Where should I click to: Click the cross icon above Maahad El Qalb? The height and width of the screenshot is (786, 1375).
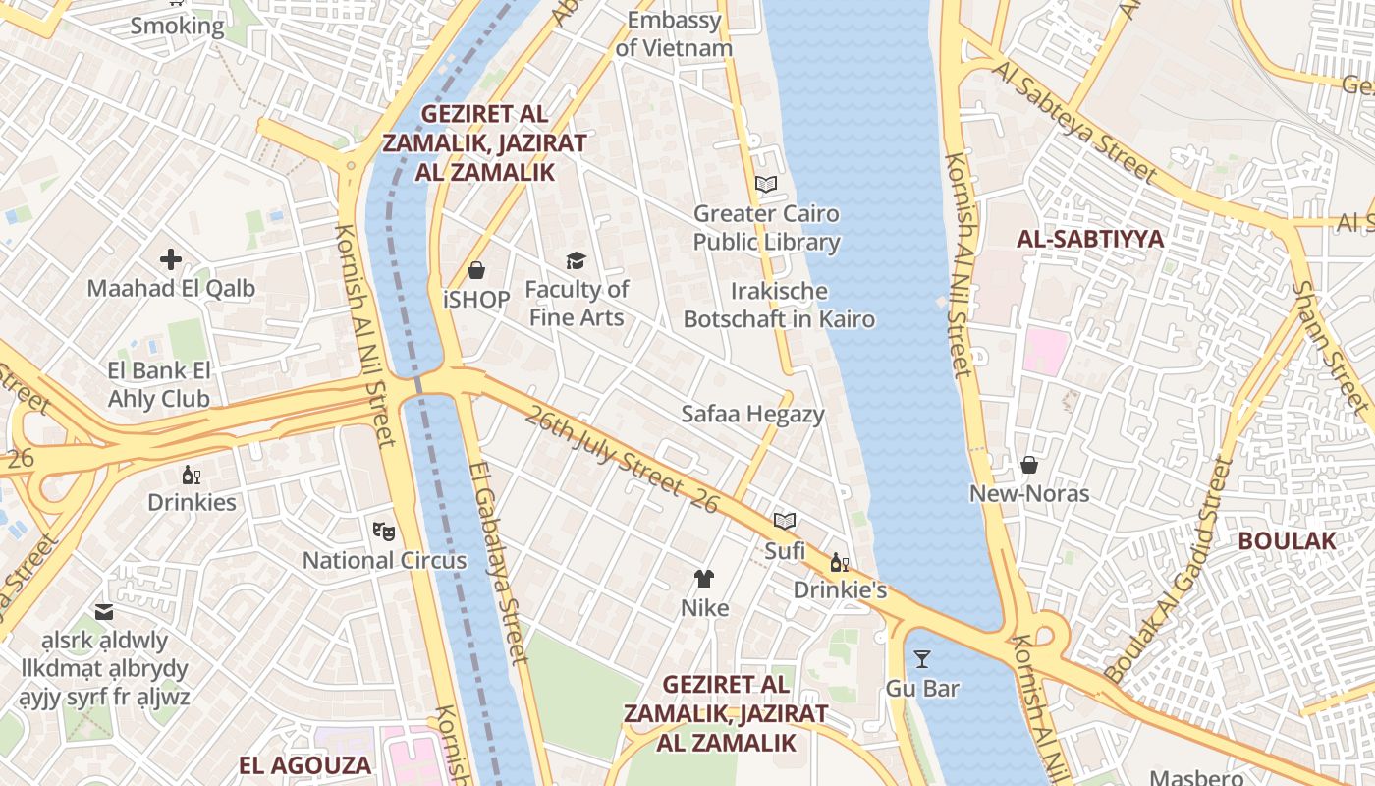pos(171,259)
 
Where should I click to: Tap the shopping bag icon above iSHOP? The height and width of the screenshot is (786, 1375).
pos(476,270)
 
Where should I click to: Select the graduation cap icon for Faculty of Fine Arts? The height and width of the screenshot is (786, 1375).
pos(576,260)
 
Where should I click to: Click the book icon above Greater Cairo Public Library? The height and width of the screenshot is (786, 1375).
pos(766,184)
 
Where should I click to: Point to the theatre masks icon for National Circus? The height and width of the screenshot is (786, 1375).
pos(384,532)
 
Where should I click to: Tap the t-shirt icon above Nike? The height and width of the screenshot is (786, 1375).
pos(704,579)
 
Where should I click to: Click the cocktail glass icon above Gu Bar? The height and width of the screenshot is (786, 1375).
pos(921,658)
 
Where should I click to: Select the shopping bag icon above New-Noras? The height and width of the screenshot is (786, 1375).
pos(1029,465)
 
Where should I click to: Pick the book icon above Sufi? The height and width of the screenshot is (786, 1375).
pos(784,521)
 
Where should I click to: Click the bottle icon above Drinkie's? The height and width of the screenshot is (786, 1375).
pos(839,562)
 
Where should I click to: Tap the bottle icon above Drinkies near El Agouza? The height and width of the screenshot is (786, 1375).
pos(191,475)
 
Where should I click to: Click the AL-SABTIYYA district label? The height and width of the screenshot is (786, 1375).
pos(1090,239)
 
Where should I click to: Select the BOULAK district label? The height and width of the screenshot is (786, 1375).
pos(1287,540)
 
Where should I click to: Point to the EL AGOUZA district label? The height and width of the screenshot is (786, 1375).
pos(305,765)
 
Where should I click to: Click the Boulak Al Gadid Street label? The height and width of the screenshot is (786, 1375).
pos(1169,570)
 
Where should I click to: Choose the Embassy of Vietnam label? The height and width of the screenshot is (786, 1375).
pos(674,33)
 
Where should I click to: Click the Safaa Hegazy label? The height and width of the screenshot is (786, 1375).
pos(753,414)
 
